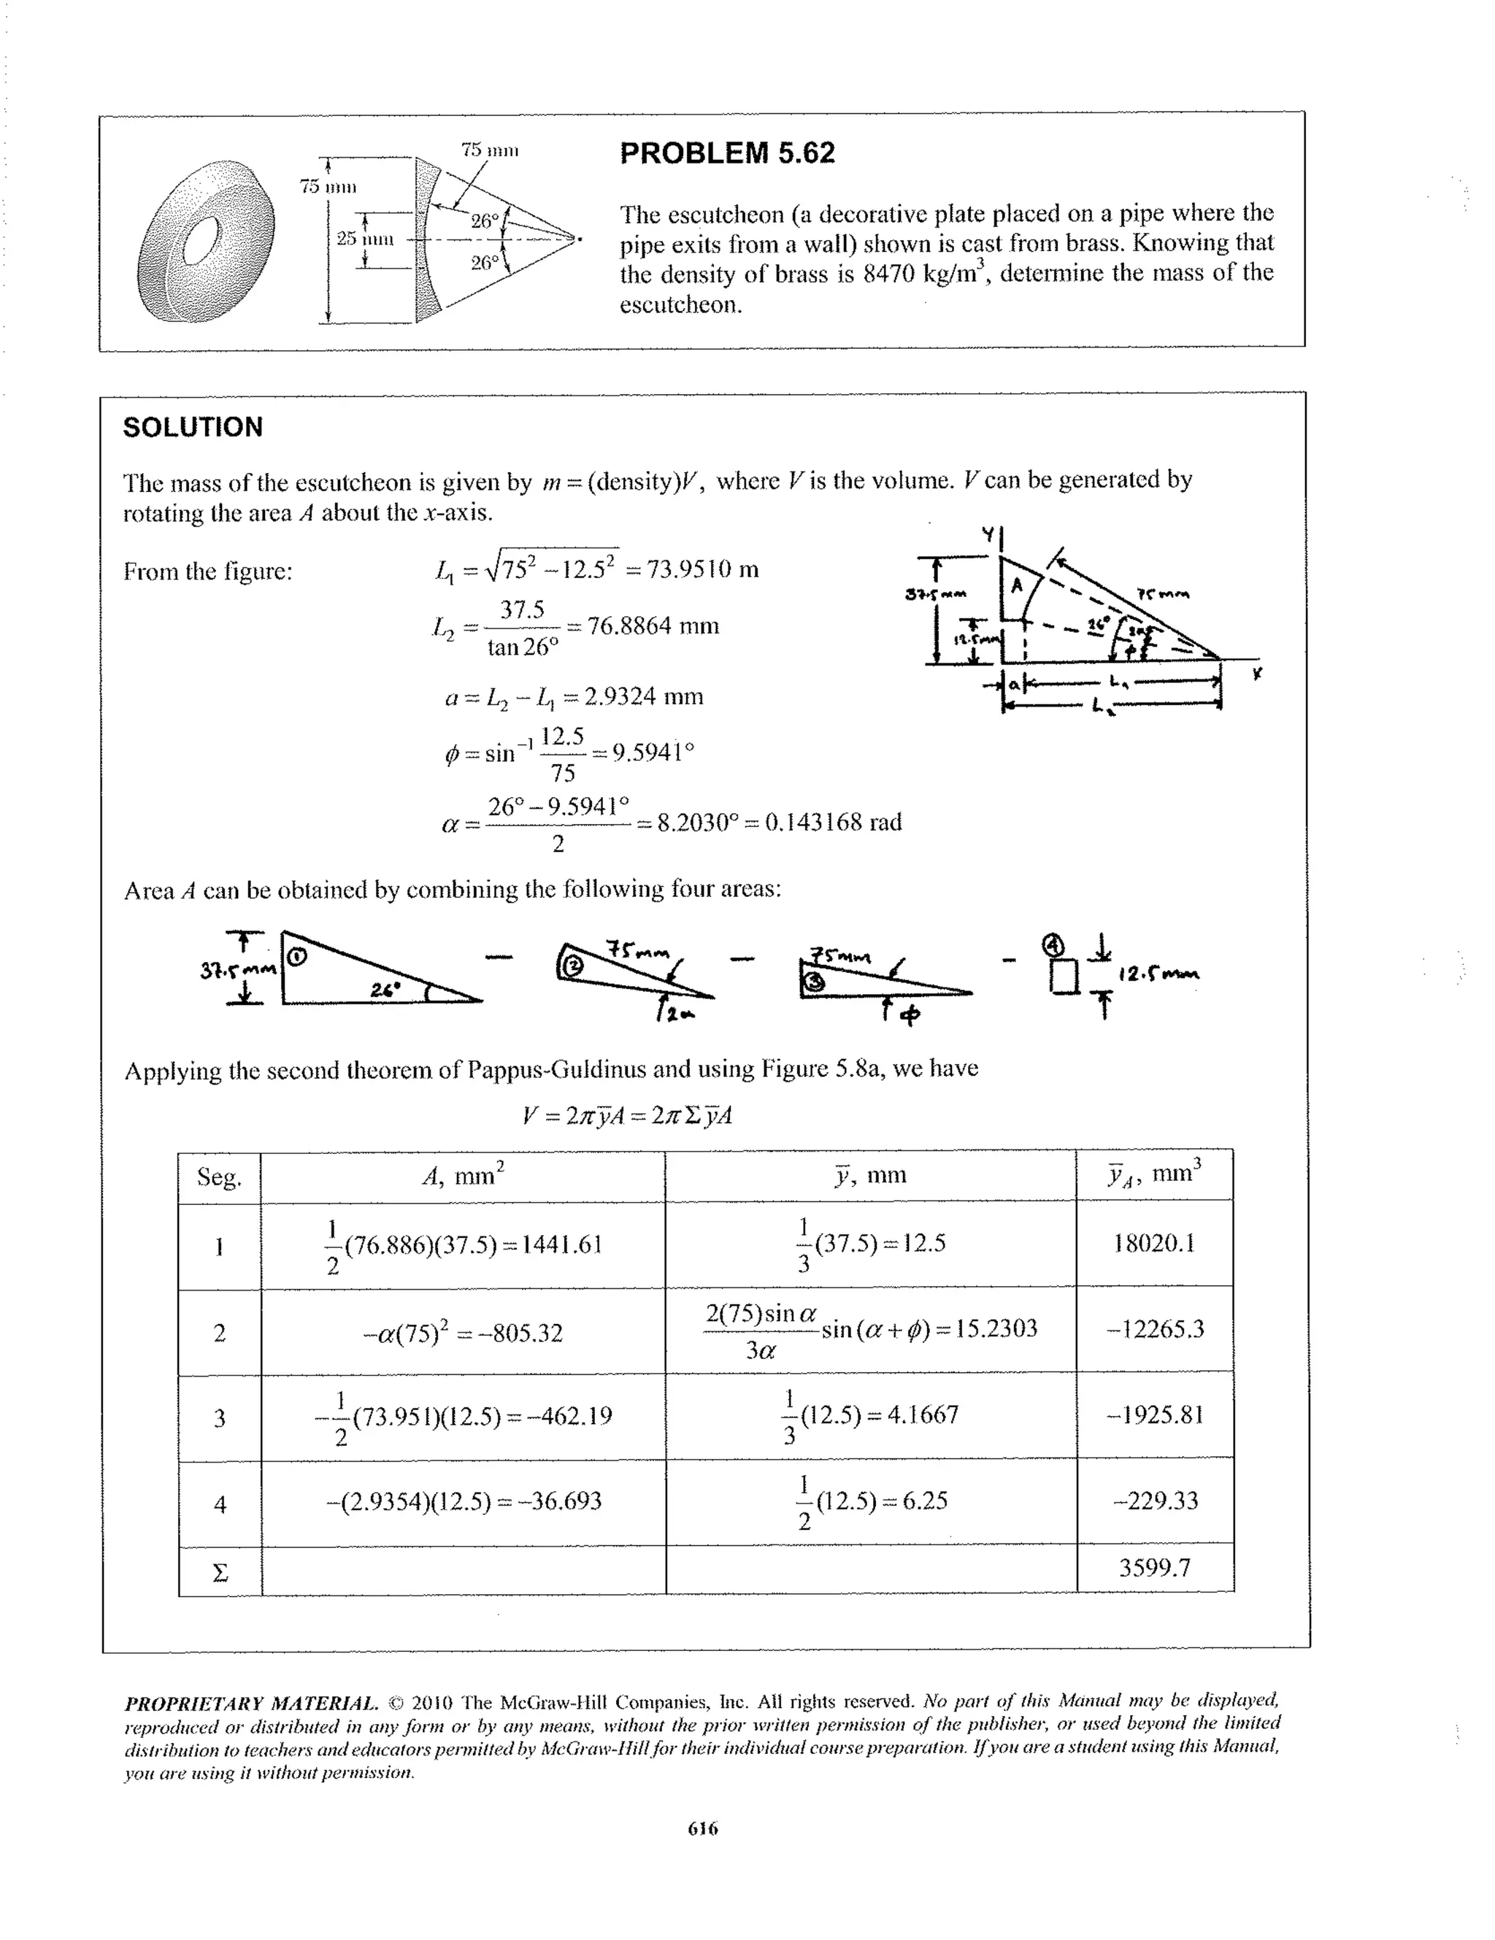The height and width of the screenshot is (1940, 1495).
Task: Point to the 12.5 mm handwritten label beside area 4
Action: coord(1158,974)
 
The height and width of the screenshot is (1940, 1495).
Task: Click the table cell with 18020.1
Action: coord(1154,1243)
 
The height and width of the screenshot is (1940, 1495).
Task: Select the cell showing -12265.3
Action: coord(1154,1329)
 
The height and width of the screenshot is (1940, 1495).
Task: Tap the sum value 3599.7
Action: coord(1154,1568)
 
